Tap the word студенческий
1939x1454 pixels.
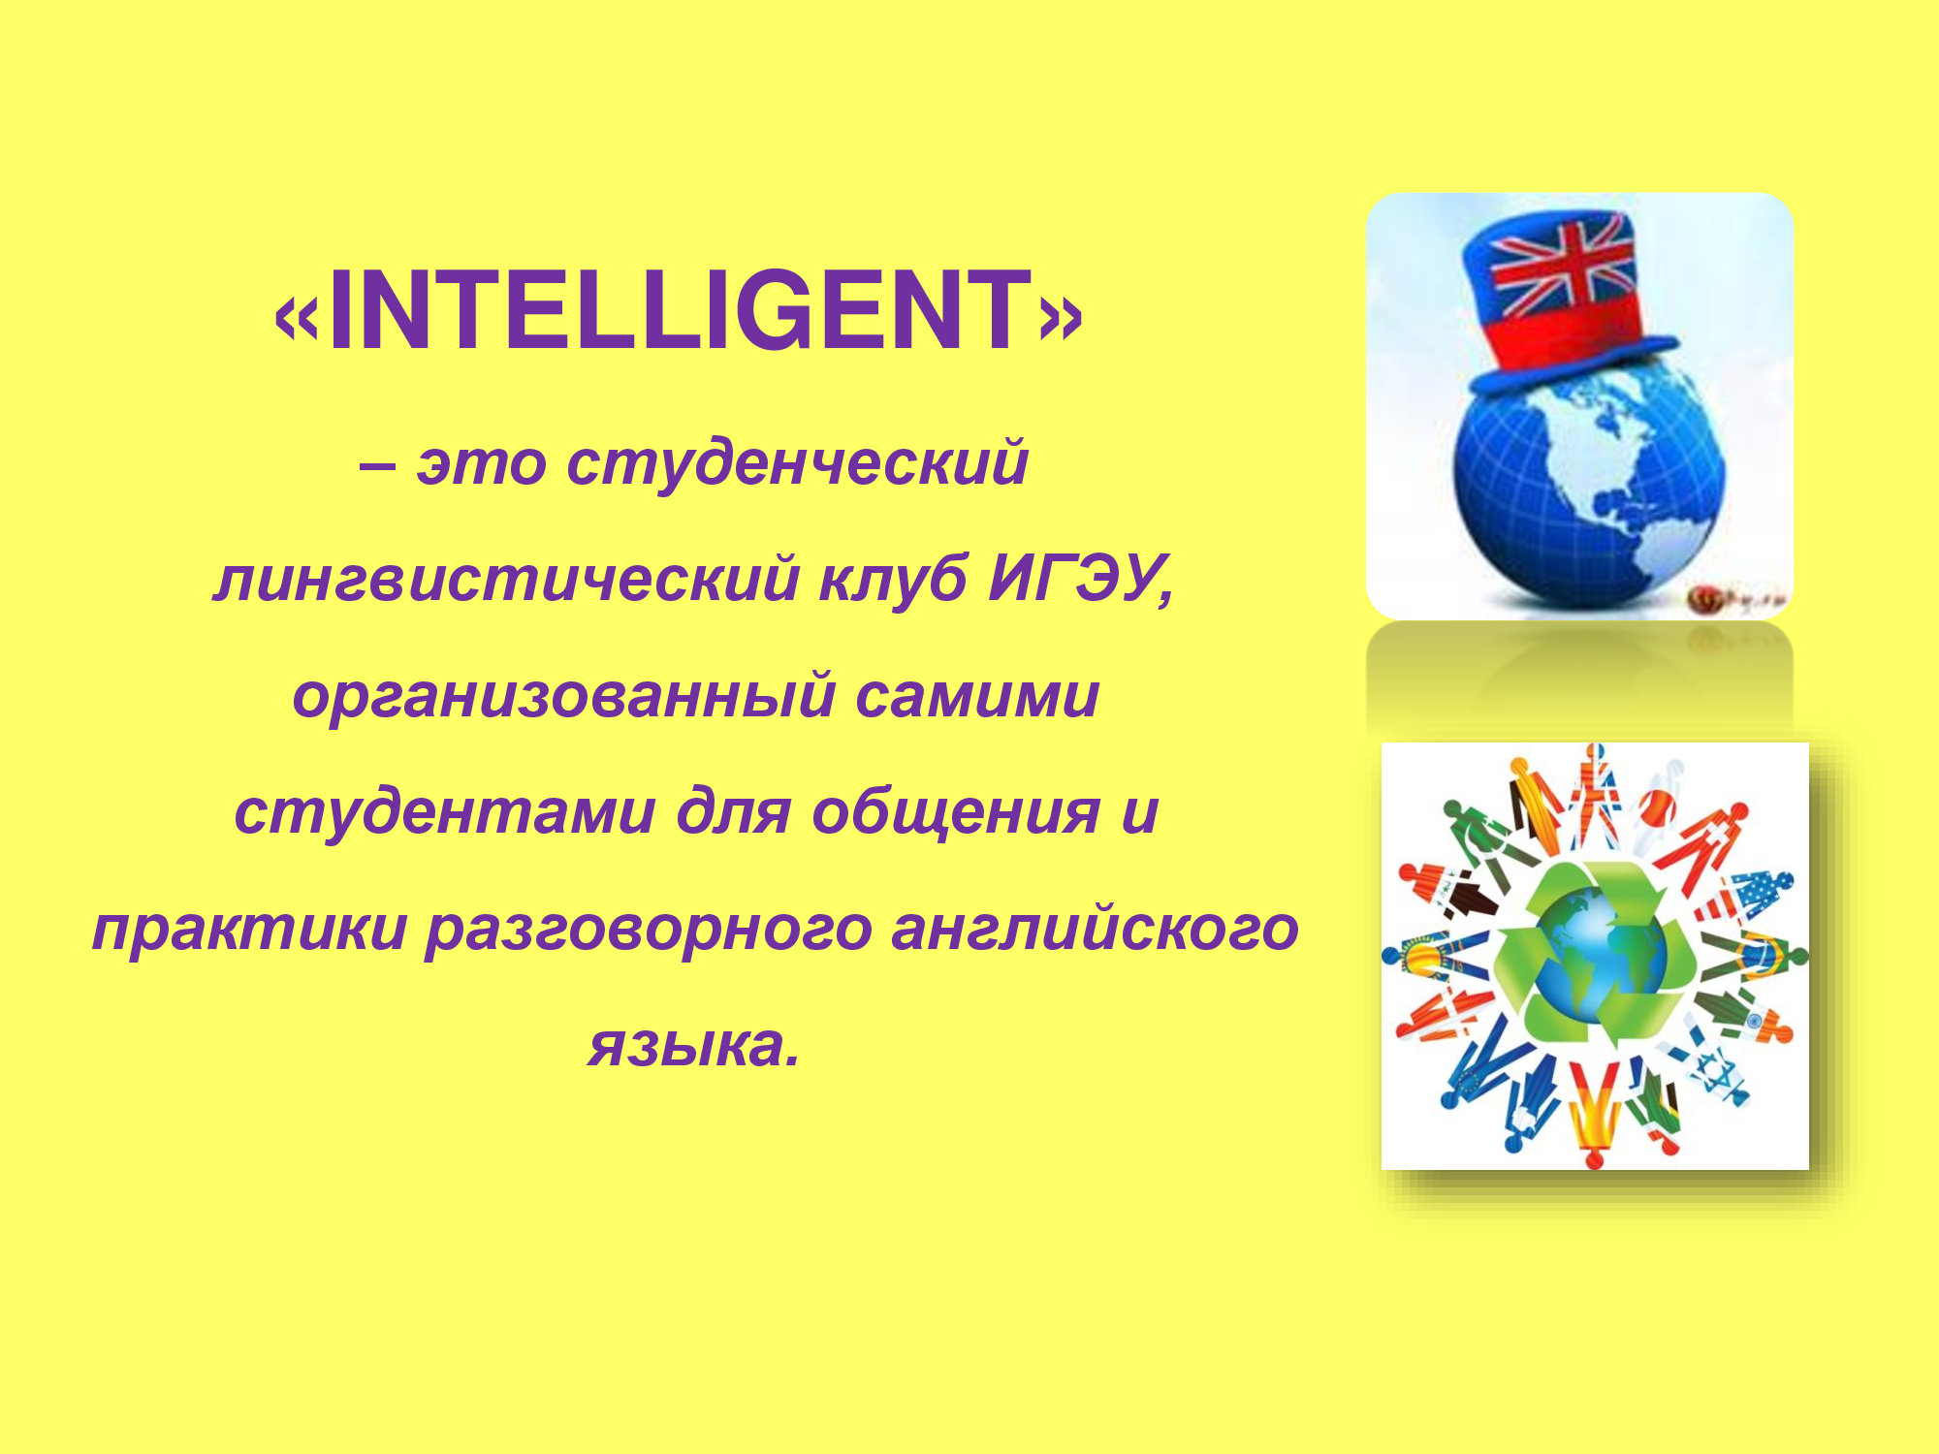coord(797,463)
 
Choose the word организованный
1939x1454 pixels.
coord(563,697)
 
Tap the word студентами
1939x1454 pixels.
coord(445,813)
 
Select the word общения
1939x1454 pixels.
coord(956,813)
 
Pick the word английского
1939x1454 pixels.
coord(1095,929)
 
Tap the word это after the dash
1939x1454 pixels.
coord(481,464)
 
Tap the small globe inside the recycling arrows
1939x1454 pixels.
coord(1595,955)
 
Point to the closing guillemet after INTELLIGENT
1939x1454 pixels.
coord(1060,318)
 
